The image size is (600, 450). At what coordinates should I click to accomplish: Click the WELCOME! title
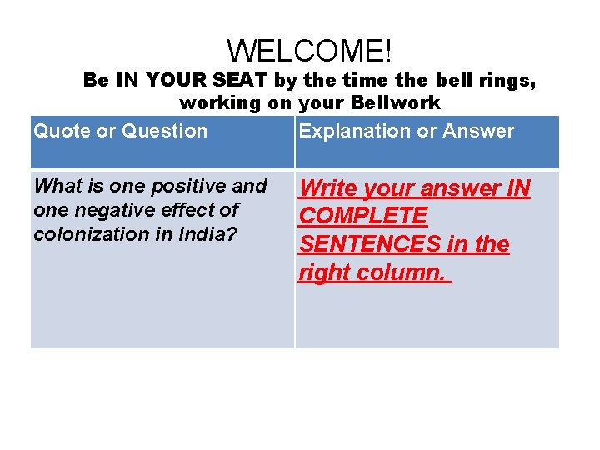point(309,51)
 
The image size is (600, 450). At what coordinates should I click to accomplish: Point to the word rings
point(506,82)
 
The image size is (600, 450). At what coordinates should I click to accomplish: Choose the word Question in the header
point(164,131)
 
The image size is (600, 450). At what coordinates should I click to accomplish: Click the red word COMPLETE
point(363,217)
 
